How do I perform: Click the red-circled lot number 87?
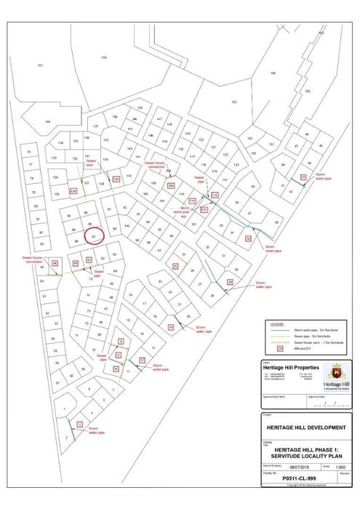click(x=95, y=236)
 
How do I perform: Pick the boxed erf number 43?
click(x=303, y=177)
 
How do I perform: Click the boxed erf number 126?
click(x=73, y=191)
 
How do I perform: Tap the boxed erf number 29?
click(x=230, y=281)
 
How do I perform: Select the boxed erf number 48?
click(x=55, y=262)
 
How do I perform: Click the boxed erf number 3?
click(x=78, y=423)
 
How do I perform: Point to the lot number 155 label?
click(x=104, y=57)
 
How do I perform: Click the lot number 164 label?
click(x=273, y=73)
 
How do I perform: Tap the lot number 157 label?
click(x=40, y=65)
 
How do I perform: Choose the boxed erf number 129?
click(x=116, y=179)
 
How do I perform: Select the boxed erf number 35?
click(x=248, y=237)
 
